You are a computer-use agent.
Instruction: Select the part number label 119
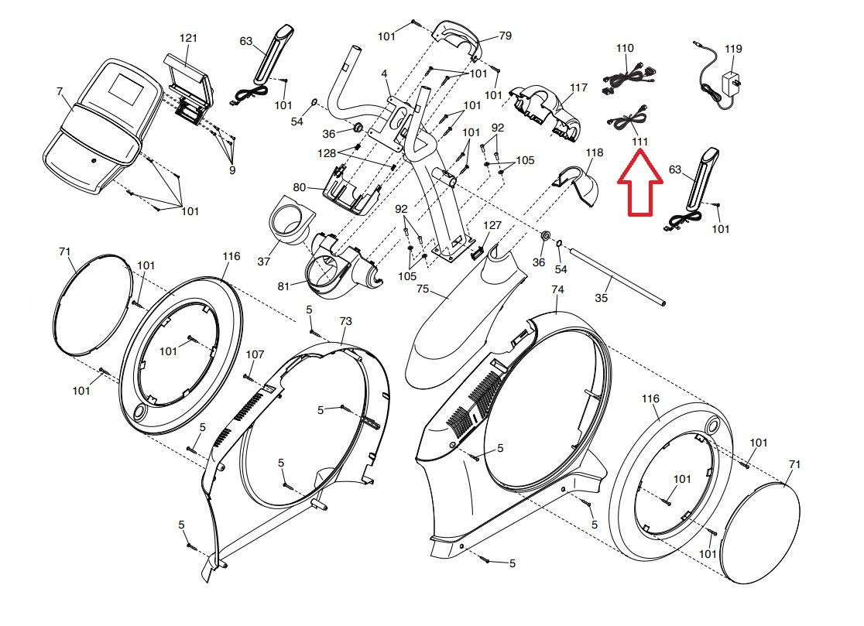click(733, 49)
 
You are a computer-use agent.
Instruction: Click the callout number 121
click(189, 39)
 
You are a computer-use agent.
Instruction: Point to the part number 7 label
click(60, 92)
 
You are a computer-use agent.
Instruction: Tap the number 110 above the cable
click(625, 48)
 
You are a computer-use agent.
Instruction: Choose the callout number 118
click(594, 152)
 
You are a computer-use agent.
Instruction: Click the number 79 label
click(505, 36)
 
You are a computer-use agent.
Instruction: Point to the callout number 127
click(492, 225)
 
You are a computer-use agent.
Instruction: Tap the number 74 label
click(557, 289)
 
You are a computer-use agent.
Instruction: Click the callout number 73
click(345, 320)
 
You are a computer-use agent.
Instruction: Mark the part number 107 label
click(255, 354)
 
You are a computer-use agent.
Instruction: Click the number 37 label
click(264, 262)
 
